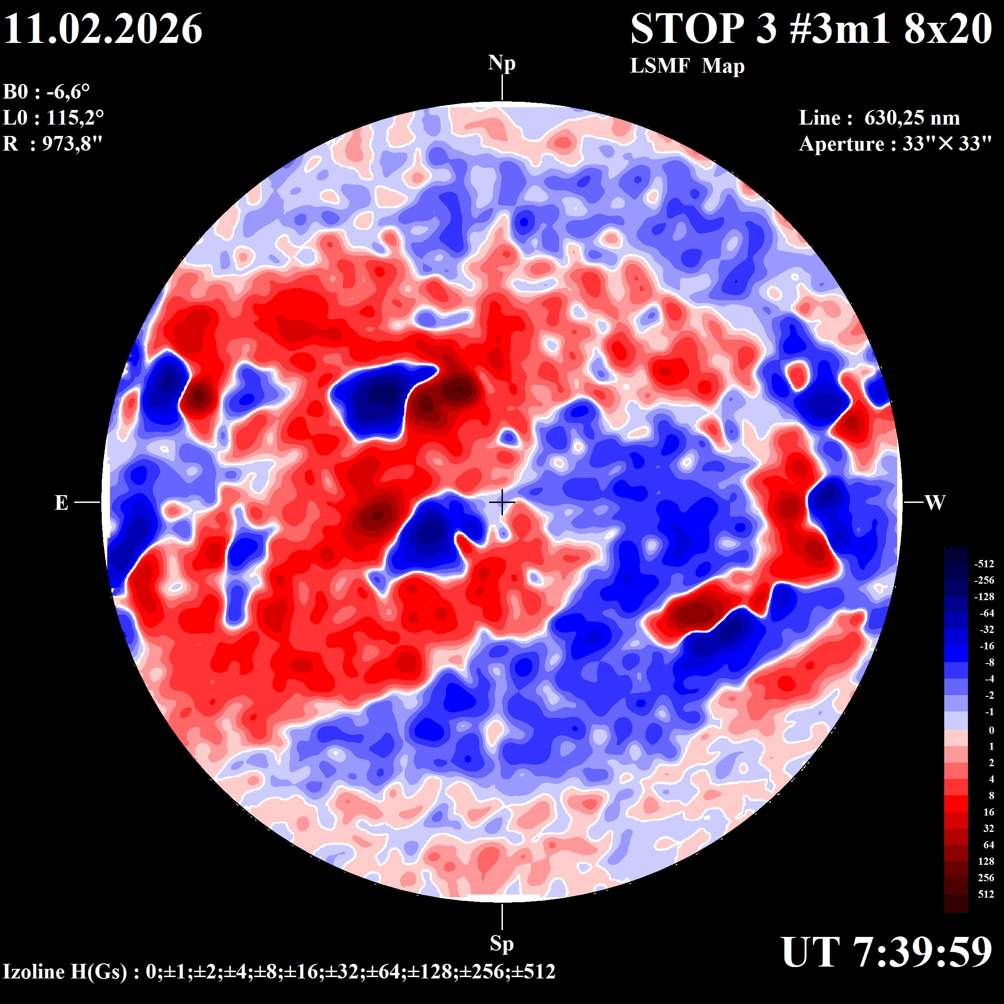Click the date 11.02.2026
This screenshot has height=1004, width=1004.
click(103, 29)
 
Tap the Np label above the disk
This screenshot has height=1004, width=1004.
click(502, 63)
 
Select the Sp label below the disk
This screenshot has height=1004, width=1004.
click(502, 943)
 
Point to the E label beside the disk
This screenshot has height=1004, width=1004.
click(61, 503)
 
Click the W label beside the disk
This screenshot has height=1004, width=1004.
click(935, 503)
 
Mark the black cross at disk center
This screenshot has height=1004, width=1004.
click(502, 502)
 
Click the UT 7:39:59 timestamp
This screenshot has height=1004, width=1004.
click(887, 952)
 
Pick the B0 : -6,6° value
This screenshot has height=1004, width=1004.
click(47, 92)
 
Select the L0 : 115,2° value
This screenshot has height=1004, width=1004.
click(53, 118)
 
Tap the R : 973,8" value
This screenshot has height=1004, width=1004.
click(53, 143)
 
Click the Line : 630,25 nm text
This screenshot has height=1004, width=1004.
click(879, 118)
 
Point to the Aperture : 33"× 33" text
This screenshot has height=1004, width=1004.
click(895, 144)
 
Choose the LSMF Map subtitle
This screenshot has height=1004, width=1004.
click(687, 66)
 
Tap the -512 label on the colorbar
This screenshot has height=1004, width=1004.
click(984, 564)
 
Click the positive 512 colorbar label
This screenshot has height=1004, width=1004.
click(986, 894)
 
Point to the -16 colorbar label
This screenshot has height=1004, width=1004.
click(986, 646)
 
